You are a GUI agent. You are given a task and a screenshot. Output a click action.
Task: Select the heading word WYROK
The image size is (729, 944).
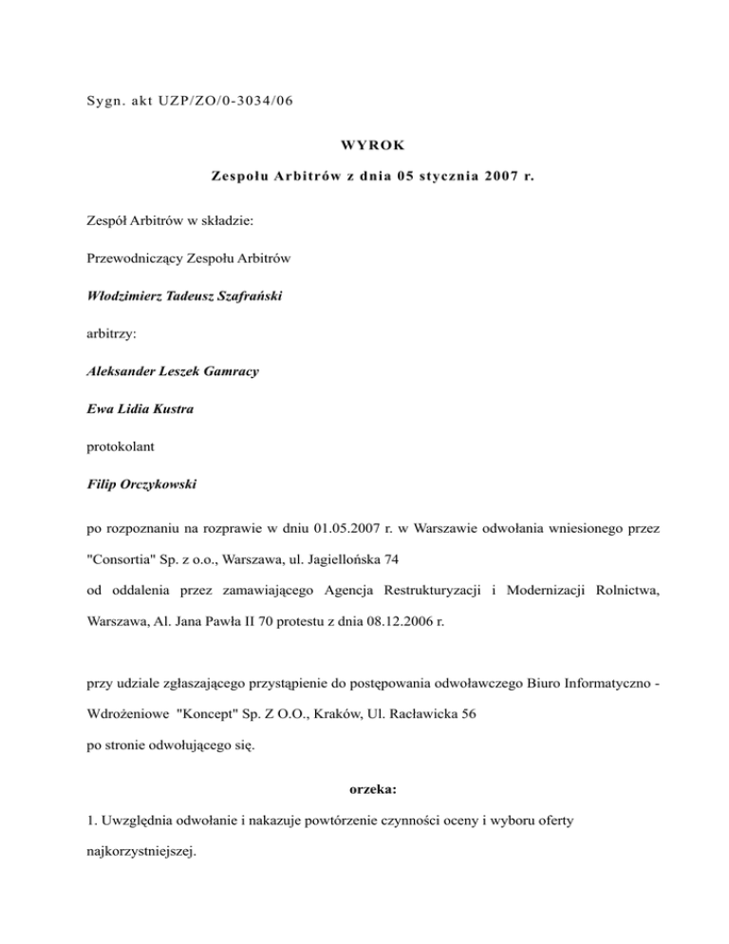[x=364, y=146]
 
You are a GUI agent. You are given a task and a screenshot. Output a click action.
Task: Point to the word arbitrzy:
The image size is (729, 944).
[x=110, y=334]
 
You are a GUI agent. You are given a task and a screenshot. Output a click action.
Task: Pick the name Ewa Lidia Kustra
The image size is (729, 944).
[x=134, y=408]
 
